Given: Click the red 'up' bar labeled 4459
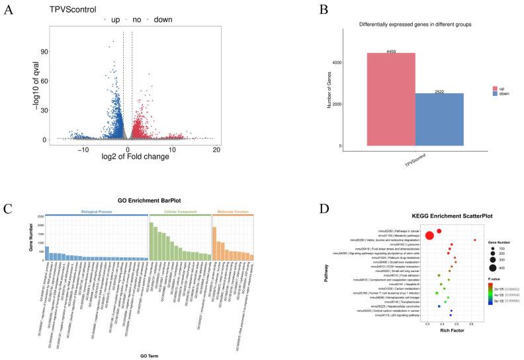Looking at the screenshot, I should (391, 99).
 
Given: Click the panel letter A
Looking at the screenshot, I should (7, 9).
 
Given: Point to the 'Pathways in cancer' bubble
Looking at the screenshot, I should (439, 231).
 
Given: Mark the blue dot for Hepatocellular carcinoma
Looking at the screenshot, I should (439, 306).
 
